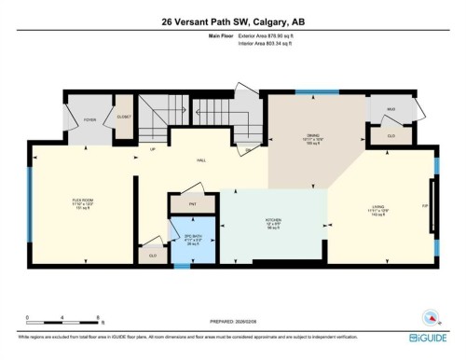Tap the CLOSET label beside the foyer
click(x=124, y=116)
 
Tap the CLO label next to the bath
click(x=151, y=254)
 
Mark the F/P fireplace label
click(x=424, y=206)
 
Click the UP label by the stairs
click(x=151, y=149)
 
